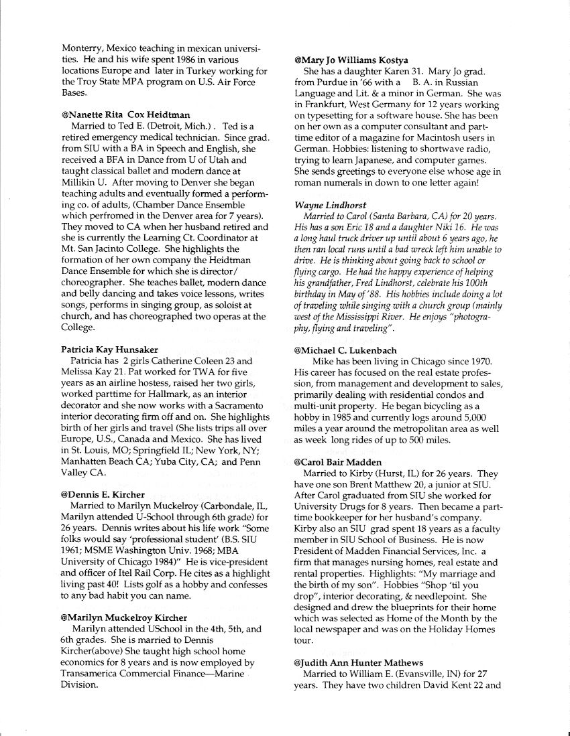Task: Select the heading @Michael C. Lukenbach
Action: coord(351,350)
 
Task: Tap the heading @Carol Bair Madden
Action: coord(337,463)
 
